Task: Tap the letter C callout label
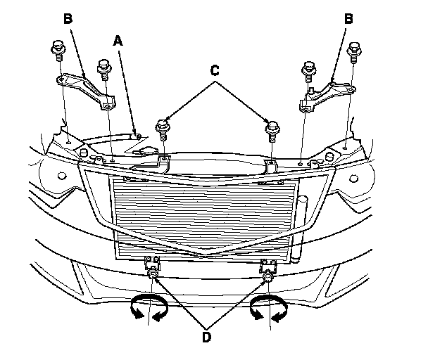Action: tap(215, 70)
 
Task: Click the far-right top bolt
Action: tap(355, 51)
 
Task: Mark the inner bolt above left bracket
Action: tap(103, 68)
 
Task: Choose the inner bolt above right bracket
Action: tap(308, 70)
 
